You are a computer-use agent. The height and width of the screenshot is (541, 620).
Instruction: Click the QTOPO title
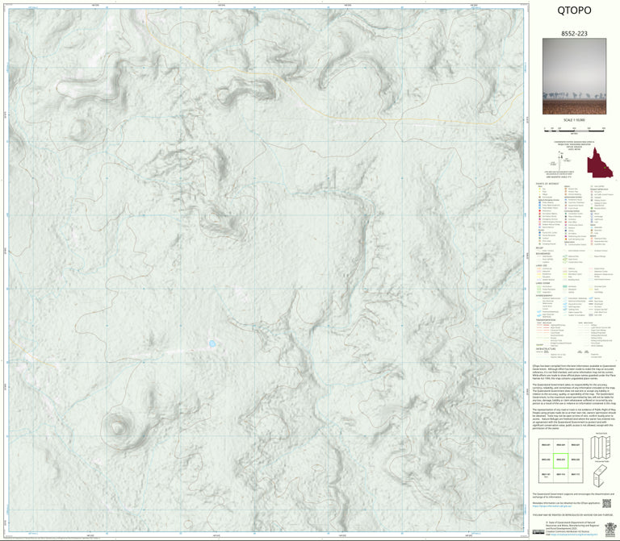coord(574,10)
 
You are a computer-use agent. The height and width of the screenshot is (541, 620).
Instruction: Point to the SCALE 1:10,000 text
coord(574,120)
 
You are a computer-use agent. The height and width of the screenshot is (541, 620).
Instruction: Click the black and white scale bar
coord(574,128)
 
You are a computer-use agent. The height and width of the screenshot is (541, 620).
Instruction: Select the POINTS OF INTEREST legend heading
coord(548,184)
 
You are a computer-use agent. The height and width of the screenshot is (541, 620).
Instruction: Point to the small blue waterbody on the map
coord(212,343)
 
